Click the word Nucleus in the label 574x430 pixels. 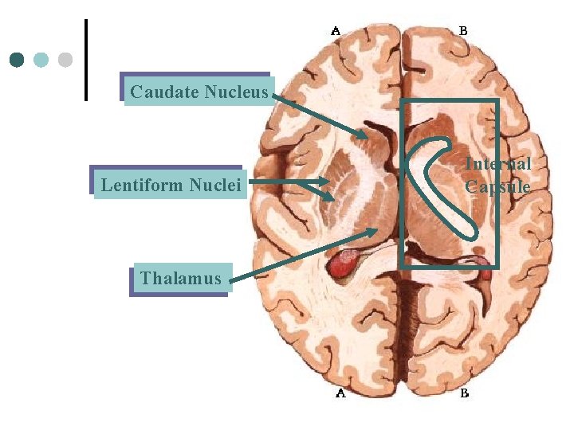click(x=236, y=92)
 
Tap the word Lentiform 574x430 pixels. click(x=142, y=186)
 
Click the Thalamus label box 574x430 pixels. click(x=181, y=279)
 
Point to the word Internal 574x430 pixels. click(x=498, y=164)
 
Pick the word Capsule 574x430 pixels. click(x=498, y=187)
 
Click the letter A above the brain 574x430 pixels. click(x=336, y=31)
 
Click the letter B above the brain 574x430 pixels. click(x=463, y=31)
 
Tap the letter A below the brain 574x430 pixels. click(x=340, y=393)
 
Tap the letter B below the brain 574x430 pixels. click(x=464, y=393)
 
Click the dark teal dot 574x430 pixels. click(x=17, y=60)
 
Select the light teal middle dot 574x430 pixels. click(x=41, y=60)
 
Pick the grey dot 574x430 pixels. click(x=65, y=60)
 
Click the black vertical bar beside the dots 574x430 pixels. click(x=85, y=60)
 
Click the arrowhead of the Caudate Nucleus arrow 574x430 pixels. click(x=364, y=136)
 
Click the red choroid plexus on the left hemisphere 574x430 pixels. click(x=345, y=264)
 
